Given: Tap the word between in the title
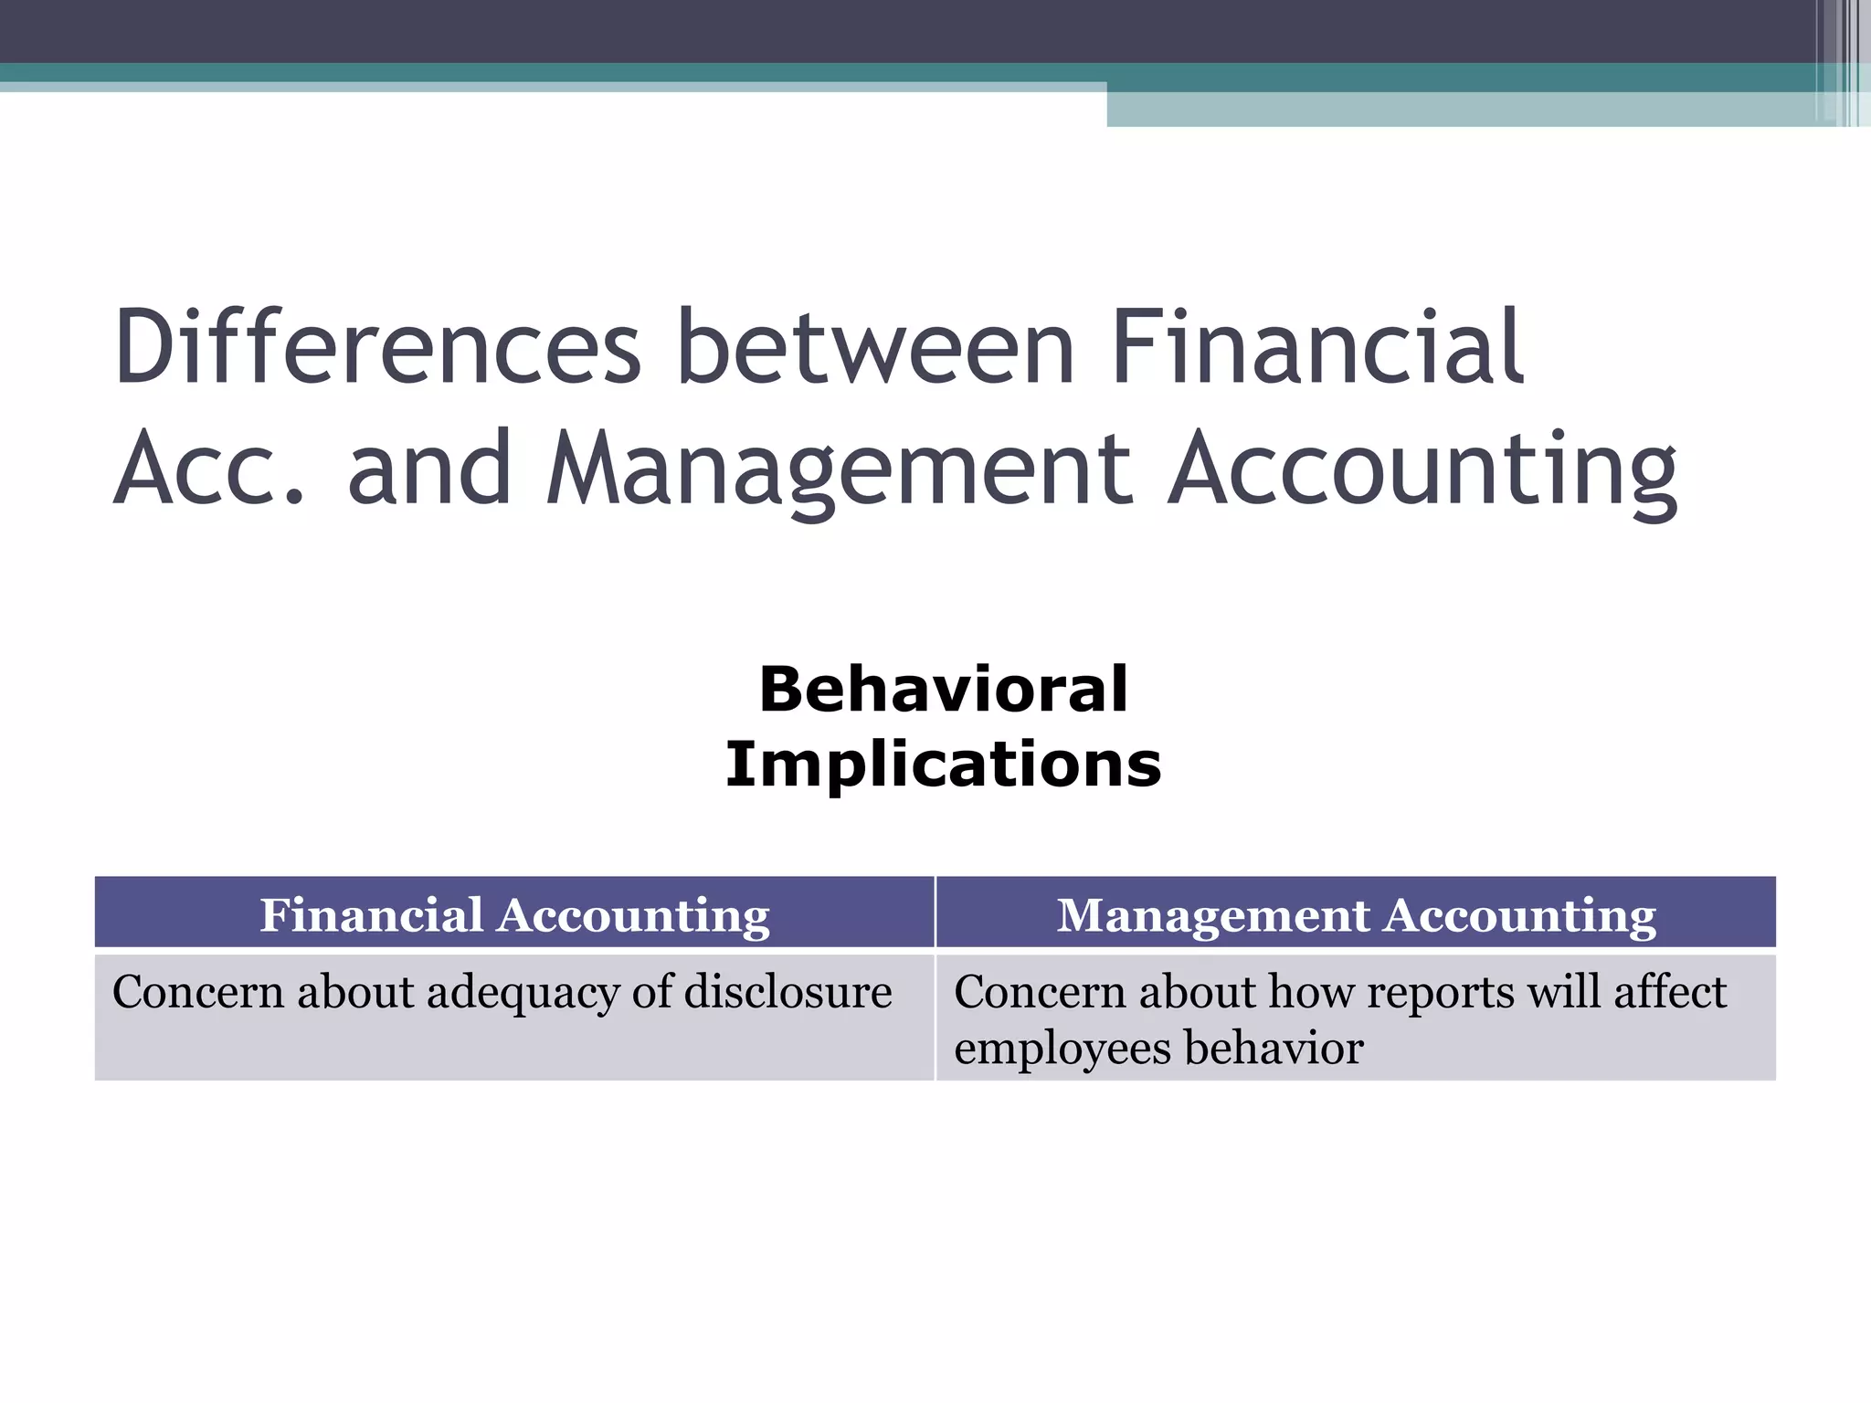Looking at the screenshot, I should tap(876, 348).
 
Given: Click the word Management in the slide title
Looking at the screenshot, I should tap(840, 469).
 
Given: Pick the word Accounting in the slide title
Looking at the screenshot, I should tap(1423, 469).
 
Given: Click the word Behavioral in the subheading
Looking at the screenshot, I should tap(944, 690).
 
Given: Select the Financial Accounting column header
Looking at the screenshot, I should tap(514, 914).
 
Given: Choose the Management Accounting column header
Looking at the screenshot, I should tap(1356, 914).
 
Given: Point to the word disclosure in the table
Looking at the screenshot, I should tap(788, 992).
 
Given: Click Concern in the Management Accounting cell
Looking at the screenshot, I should tap(1040, 992).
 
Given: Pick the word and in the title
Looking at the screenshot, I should tap(428, 469).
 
